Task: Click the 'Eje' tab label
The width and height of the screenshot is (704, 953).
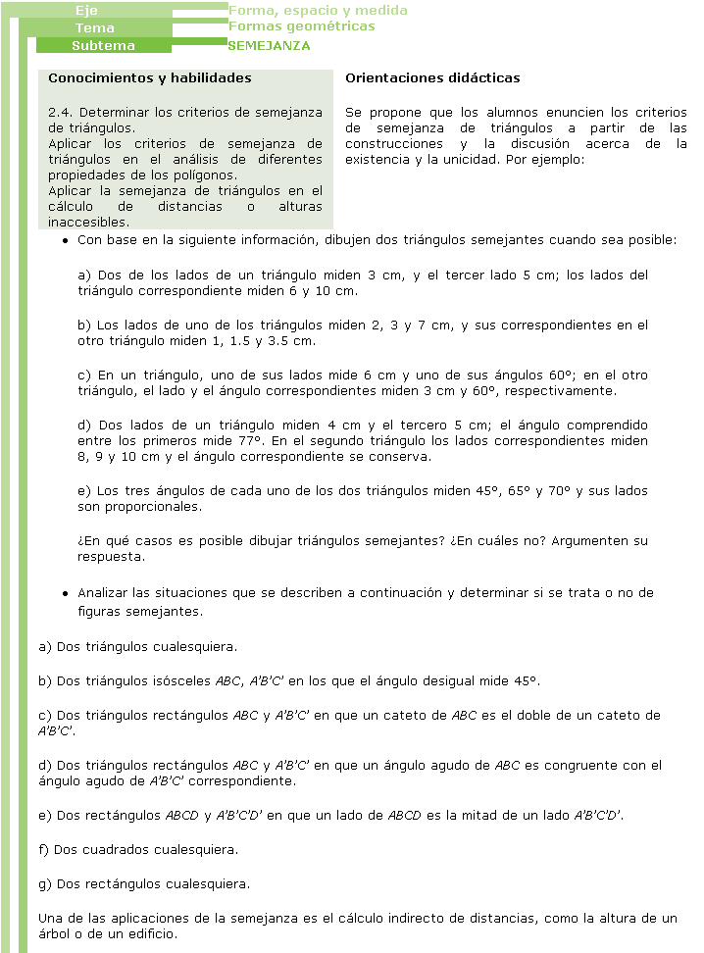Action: [x=86, y=11]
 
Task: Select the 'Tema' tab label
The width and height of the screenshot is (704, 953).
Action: [x=95, y=28]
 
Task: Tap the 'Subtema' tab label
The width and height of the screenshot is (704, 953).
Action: [x=103, y=46]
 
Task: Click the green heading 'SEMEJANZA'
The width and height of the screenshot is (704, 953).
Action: [x=269, y=45]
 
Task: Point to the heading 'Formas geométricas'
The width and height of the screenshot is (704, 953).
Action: [x=301, y=26]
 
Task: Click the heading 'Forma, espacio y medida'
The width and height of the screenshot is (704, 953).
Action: [x=318, y=11]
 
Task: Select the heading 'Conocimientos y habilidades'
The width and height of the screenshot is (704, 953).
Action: [x=150, y=77]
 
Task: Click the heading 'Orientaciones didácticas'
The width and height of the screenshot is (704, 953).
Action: [x=432, y=77]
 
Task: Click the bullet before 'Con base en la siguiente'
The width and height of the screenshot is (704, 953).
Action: [x=64, y=241]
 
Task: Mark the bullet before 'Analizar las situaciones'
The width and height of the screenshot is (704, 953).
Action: [x=64, y=594]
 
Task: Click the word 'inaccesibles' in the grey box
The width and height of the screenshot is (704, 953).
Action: [x=87, y=223]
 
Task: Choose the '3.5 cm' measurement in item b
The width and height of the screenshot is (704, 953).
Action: [x=294, y=340]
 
